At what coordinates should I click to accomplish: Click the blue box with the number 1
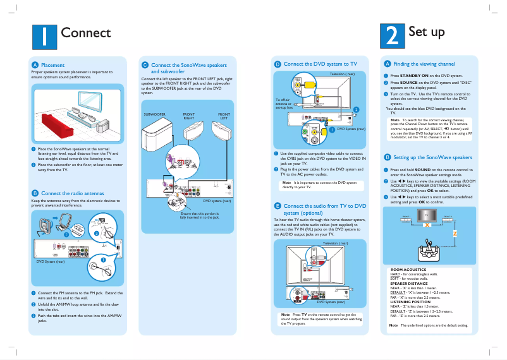(x=44, y=36)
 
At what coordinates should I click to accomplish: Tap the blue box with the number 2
(x=391, y=36)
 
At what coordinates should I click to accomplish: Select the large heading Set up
(x=427, y=32)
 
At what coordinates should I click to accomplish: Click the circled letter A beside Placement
(x=35, y=65)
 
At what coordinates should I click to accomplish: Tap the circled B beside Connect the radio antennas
(x=35, y=193)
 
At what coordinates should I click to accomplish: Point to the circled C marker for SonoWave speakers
(x=145, y=65)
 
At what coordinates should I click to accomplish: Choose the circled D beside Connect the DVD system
(x=277, y=64)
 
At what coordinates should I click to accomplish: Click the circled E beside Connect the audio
(x=277, y=206)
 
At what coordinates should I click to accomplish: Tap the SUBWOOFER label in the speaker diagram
(x=155, y=114)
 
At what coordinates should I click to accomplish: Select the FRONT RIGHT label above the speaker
(x=189, y=116)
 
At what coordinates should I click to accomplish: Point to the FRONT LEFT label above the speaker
(x=224, y=116)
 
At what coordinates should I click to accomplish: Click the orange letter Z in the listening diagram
(x=454, y=233)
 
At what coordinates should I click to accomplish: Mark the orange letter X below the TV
(x=427, y=225)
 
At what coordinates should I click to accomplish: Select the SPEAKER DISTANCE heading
(x=409, y=284)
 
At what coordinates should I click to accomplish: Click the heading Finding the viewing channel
(x=424, y=64)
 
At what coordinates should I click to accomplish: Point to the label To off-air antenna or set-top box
(x=283, y=104)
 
